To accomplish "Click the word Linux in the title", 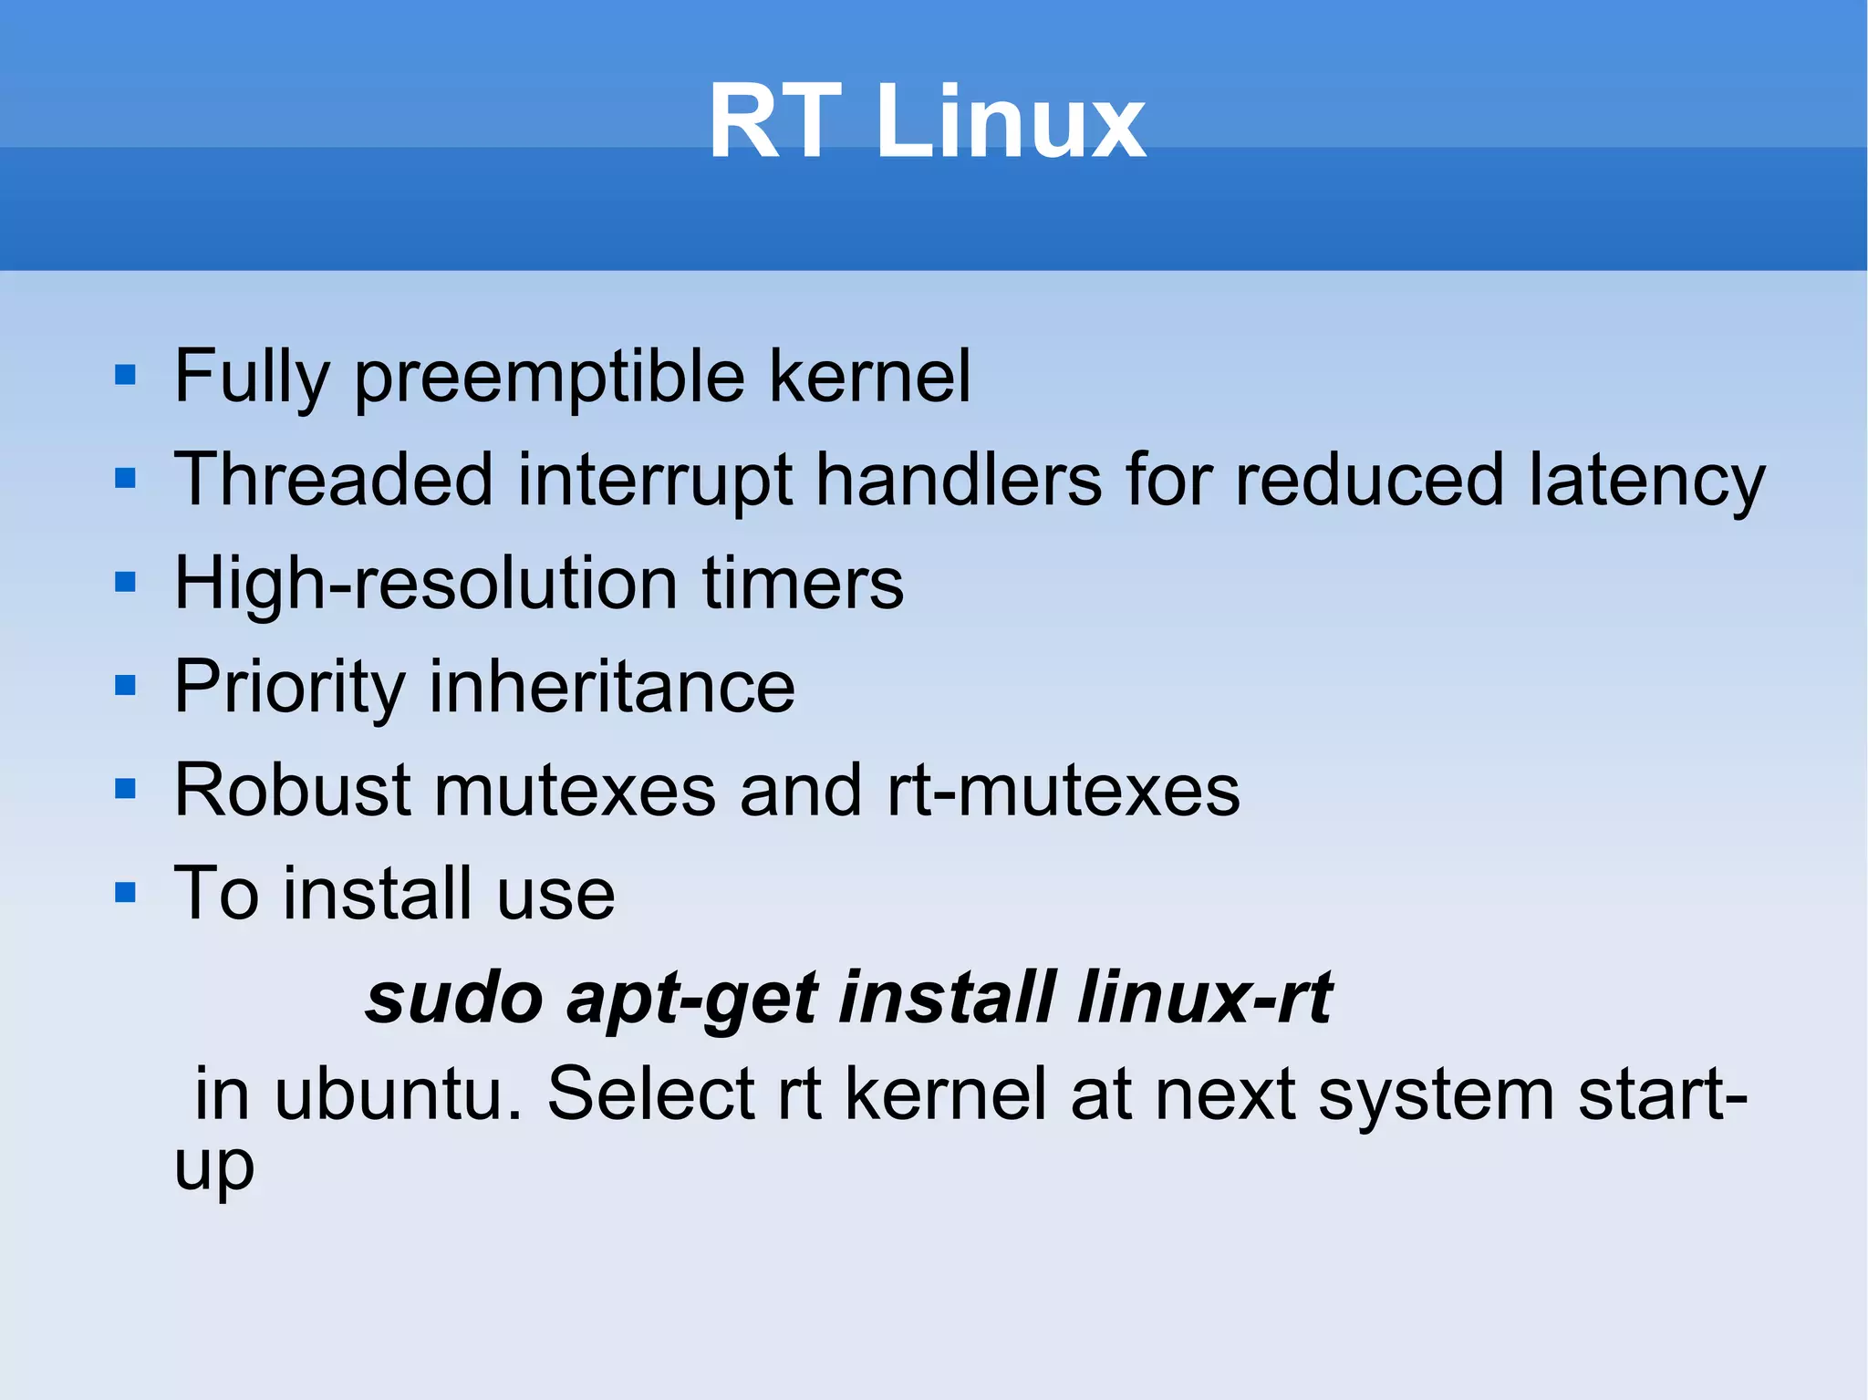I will click(1010, 122).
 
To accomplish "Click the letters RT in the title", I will click(774, 122).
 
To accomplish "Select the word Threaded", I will click(334, 480).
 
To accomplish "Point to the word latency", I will click(1647, 482).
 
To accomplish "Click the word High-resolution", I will click(425, 584).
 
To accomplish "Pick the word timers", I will click(803, 584).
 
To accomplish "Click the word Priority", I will click(289, 688).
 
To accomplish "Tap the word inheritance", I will click(612, 687).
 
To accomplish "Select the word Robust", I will click(293, 790).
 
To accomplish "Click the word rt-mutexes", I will click(1064, 791).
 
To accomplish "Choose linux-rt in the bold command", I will click(1205, 998).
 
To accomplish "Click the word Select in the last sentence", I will click(649, 1094).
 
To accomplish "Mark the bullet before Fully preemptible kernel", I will click(126, 376).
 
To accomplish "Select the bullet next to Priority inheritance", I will click(126, 686).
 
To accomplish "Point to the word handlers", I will click(958, 480).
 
